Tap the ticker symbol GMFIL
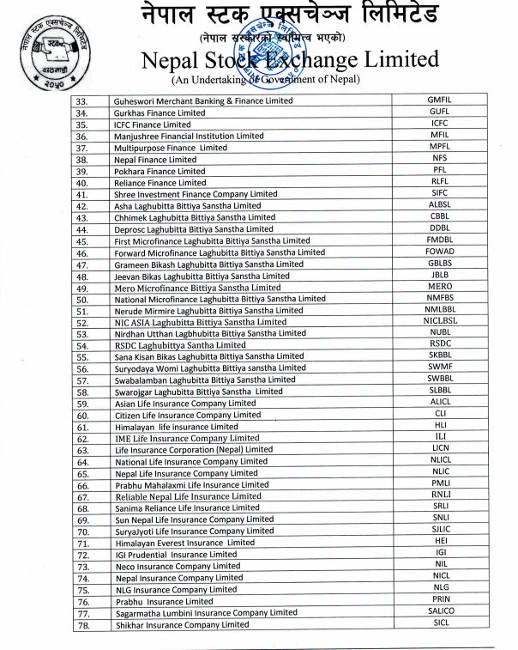pyautogui.click(x=439, y=100)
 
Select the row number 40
pyautogui.click(x=82, y=183)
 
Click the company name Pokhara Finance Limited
pyautogui.click(x=160, y=171)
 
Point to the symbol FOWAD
pyautogui.click(x=440, y=252)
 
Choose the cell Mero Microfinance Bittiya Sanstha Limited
pyautogui.click(x=197, y=288)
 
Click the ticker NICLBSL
pyautogui.click(x=440, y=321)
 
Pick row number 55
pyautogui.click(x=82, y=356)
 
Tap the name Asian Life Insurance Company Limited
pyautogui.click(x=185, y=403)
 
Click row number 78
pyautogui.click(x=83, y=624)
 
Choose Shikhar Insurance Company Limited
pyautogui.click(x=182, y=624)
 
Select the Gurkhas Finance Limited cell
pyautogui.click(x=160, y=112)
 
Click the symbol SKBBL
pyautogui.click(x=440, y=355)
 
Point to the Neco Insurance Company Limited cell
pyautogui.click(x=178, y=566)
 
